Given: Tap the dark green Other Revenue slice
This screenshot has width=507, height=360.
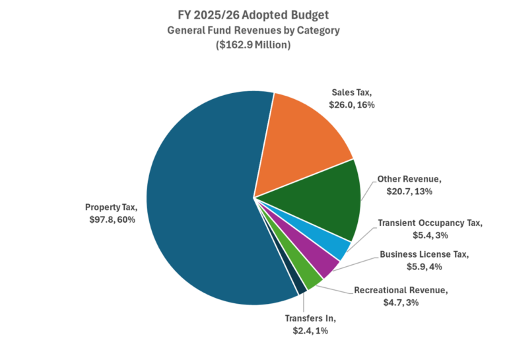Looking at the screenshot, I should click(317, 201).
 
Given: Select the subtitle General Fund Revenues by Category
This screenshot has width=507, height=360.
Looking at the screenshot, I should click(253, 30).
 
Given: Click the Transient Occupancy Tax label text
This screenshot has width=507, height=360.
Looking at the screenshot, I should click(430, 223).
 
